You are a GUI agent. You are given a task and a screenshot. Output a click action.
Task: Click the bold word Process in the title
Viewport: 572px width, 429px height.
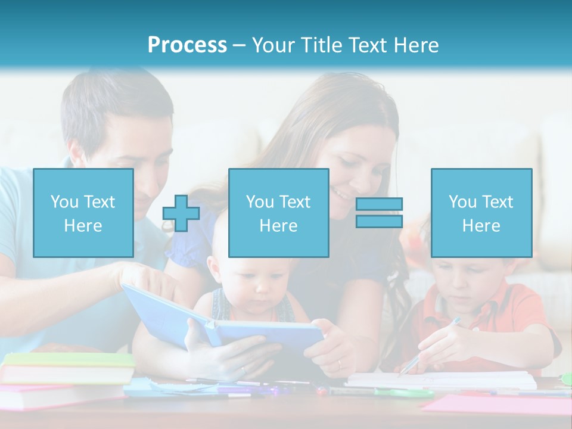(187, 45)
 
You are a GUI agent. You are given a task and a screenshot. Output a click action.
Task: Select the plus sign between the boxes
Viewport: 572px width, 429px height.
(181, 213)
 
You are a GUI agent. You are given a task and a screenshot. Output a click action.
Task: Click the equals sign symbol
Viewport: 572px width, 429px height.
(379, 213)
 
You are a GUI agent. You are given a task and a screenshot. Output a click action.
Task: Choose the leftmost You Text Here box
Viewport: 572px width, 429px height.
(83, 213)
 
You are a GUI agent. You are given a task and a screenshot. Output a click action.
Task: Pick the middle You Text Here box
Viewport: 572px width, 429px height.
(279, 213)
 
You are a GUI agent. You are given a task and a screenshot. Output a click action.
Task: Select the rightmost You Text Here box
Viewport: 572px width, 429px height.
(481, 213)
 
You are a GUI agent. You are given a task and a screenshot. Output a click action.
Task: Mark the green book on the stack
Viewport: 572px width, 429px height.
(69, 360)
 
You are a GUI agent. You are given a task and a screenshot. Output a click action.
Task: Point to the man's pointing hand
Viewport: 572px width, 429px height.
(143, 277)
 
